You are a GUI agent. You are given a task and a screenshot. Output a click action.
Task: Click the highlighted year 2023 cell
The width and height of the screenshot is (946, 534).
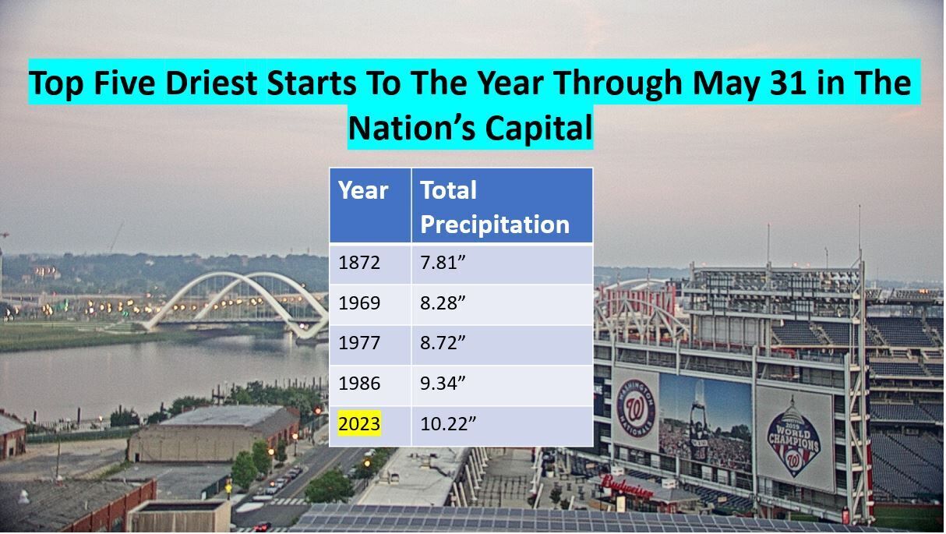[359, 423]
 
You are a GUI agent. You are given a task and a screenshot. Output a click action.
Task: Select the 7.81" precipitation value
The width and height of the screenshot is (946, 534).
[443, 263]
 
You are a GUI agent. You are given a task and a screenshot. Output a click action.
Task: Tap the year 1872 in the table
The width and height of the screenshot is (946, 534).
[359, 263]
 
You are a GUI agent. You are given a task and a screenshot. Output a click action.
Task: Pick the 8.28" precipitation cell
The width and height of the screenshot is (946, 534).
[443, 303]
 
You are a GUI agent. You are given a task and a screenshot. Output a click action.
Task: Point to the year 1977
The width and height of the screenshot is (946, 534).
[359, 343]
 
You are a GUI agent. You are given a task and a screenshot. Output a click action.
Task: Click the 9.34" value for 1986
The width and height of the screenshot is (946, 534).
[443, 384]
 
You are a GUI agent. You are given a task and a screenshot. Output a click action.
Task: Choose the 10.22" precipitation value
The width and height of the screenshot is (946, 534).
[448, 423]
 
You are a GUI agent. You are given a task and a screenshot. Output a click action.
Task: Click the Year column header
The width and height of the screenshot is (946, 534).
[363, 190]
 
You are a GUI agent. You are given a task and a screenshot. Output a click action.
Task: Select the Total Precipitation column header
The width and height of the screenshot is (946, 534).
[495, 207]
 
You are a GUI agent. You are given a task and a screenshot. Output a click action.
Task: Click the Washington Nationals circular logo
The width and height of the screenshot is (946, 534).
[636, 408]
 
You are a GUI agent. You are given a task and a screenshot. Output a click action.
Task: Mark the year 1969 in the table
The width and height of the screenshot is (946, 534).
[359, 303]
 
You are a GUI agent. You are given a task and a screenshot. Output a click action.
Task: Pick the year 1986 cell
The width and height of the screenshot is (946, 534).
[359, 384]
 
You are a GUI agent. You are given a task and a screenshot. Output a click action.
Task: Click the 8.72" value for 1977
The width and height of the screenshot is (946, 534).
[443, 343]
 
